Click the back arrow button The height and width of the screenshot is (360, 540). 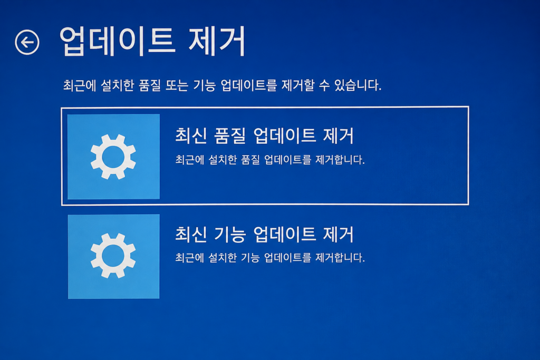point(27,42)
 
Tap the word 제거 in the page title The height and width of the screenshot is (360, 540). point(217,41)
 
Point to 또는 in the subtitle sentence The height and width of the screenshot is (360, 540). point(177,85)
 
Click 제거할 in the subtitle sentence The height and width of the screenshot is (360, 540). point(298,85)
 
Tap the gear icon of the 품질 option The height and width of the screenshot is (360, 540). point(113,157)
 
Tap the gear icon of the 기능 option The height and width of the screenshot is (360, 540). point(113,256)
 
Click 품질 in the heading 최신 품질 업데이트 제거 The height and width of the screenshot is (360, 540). point(230,135)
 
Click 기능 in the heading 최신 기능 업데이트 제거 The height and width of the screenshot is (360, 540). point(230,235)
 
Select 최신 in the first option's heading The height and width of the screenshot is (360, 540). point(191,135)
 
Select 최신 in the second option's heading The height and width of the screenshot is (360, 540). point(191,235)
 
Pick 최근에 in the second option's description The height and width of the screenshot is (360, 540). point(190,257)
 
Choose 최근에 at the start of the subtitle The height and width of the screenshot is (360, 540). point(80,85)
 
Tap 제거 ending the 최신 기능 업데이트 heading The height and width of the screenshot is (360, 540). point(338,235)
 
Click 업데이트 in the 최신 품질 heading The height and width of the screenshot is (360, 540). point(284,135)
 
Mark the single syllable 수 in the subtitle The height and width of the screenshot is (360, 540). point(324,85)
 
